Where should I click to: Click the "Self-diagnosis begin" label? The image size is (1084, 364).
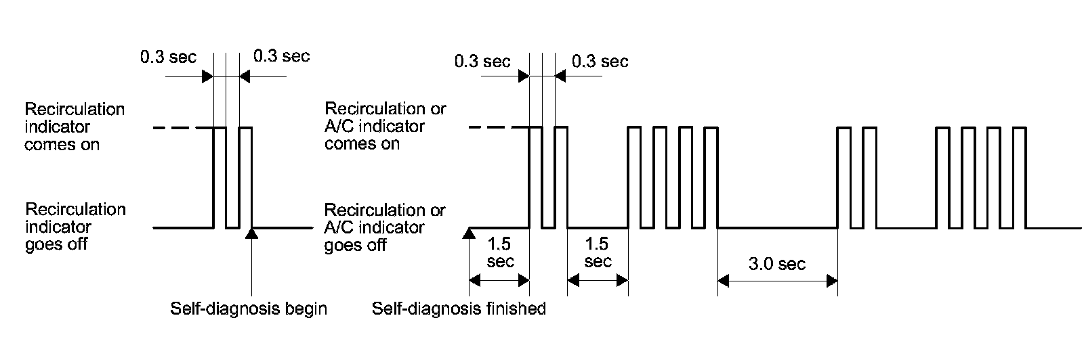pyautogui.click(x=248, y=309)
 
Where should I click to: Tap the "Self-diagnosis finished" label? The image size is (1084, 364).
pyautogui.click(x=459, y=309)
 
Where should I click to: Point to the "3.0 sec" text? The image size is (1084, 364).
pyautogui.click(x=777, y=264)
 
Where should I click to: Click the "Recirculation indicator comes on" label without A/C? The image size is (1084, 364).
pyautogui.click(x=75, y=127)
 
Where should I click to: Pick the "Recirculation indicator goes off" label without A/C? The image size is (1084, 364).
pyautogui.click(x=75, y=227)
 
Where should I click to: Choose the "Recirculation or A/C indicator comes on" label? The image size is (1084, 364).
pyautogui.click(x=385, y=126)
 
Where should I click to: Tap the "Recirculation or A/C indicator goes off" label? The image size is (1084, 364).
pyautogui.click(x=385, y=227)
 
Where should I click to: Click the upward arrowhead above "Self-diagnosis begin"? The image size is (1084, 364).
pyautogui.click(x=251, y=233)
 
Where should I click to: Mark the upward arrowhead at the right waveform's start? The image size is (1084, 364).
pyautogui.click(x=468, y=233)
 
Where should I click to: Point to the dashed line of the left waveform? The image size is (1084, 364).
pyautogui.click(x=183, y=127)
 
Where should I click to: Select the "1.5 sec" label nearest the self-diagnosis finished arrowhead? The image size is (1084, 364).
pyautogui.click(x=499, y=252)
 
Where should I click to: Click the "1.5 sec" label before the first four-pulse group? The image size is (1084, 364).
pyautogui.click(x=597, y=252)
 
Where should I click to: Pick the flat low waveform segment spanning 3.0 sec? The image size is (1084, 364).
pyautogui.click(x=777, y=228)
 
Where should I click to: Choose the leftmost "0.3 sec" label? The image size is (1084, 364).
pyautogui.click(x=168, y=57)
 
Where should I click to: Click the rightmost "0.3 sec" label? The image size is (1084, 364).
pyautogui.click(x=600, y=62)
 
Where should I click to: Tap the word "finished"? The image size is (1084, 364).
pyautogui.click(x=516, y=309)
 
